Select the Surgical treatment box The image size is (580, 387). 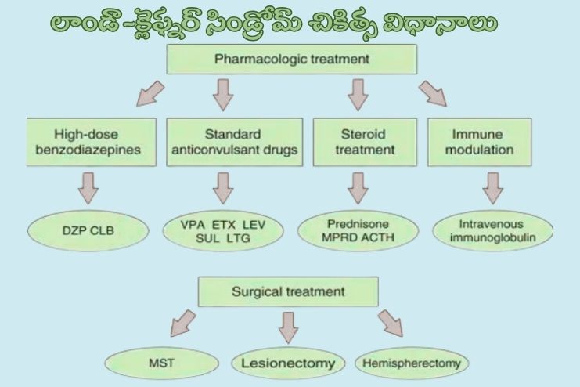[x=288, y=292]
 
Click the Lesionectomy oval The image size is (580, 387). [x=288, y=363]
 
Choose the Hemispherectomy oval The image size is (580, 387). [x=412, y=363]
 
